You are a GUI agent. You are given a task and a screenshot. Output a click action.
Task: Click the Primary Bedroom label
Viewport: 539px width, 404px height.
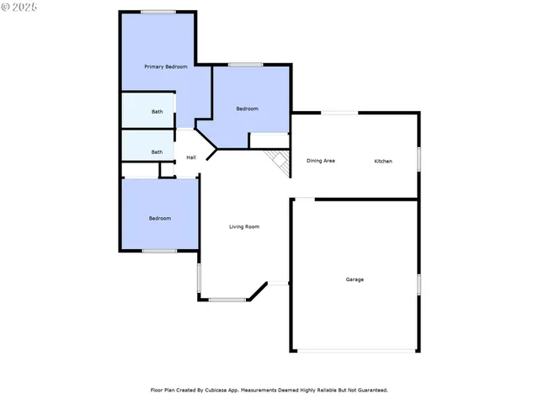pos(165,66)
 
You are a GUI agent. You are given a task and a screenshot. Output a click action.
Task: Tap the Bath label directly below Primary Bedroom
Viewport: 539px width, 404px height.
pos(157,111)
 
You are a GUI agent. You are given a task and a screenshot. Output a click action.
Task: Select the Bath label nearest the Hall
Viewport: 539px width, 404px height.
pos(157,151)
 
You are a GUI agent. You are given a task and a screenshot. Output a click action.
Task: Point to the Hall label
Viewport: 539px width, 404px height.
pos(191,157)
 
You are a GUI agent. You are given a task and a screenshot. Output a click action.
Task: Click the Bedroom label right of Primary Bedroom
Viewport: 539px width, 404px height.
pos(247,109)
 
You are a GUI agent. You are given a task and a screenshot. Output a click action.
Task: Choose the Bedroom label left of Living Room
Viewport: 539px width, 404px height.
pos(160,218)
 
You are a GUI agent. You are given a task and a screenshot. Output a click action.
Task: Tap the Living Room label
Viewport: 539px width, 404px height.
pos(244,226)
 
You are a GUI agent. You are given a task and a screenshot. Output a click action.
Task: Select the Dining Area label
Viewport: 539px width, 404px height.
pos(321,160)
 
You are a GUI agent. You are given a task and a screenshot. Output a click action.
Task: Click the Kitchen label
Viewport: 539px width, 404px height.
pos(383,160)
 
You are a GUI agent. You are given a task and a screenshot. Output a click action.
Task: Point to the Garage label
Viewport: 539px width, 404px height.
pos(355,279)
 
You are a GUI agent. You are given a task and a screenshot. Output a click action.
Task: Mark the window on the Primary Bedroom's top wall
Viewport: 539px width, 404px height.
pos(158,12)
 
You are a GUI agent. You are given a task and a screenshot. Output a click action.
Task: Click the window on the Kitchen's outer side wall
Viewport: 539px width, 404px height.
pos(419,159)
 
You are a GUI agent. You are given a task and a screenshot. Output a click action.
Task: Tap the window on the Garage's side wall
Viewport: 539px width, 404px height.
pos(419,284)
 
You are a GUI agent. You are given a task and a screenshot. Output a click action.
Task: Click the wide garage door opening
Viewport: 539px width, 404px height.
pos(355,351)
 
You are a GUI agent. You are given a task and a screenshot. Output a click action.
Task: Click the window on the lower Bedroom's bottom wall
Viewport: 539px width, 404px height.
pos(158,251)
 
